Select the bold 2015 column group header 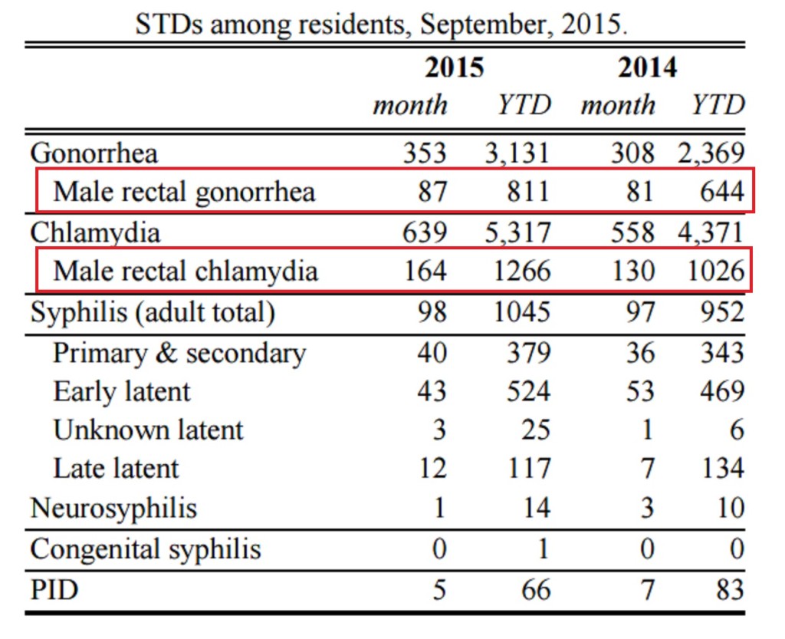pyautogui.click(x=455, y=68)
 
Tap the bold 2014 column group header pyautogui.click(x=648, y=68)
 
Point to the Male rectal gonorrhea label pyautogui.click(x=184, y=190)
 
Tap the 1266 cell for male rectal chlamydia pyautogui.click(x=521, y=271)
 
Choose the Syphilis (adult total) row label pyautogui.click(x=152, y=312)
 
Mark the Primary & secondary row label pyautogui.click(x=179, y=353)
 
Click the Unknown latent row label pyautogui.click(x=148, y=430)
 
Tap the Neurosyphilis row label pyautogui.click(x=113, y=508)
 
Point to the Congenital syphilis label pyautogui.click(x=146, y=549)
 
